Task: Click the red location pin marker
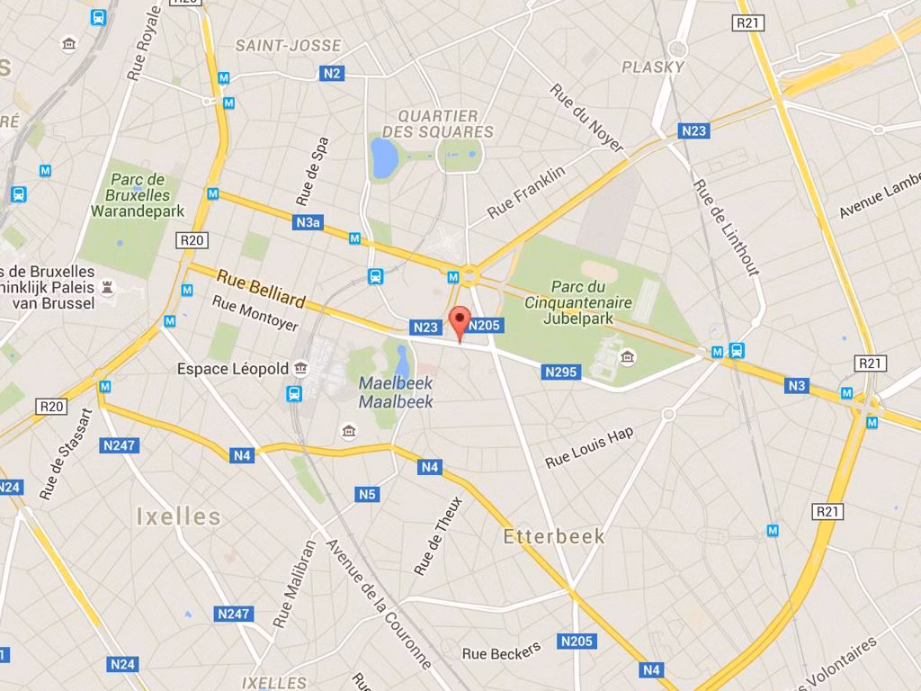tap(460, 321)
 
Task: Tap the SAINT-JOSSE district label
tap(288, 45)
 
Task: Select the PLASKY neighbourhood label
tap(653, 67)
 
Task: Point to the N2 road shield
tap(333, 74)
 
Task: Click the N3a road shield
tap(308, 221)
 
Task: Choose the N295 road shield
tap(561, 372)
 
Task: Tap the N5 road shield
tap(367, 494)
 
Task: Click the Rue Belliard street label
tap(261, 288)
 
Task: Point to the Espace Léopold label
tap(233, 369)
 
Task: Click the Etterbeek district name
tap(554, 536)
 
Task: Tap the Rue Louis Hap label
tap(589, 447)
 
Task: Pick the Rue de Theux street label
tap(438, 535)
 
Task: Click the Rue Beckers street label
tap(502, 651)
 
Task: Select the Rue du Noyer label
tap(587, 118)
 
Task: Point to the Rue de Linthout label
tap(727, 227)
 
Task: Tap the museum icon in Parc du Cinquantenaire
tap(627, 359)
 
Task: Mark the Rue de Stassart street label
tap(66, 454)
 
